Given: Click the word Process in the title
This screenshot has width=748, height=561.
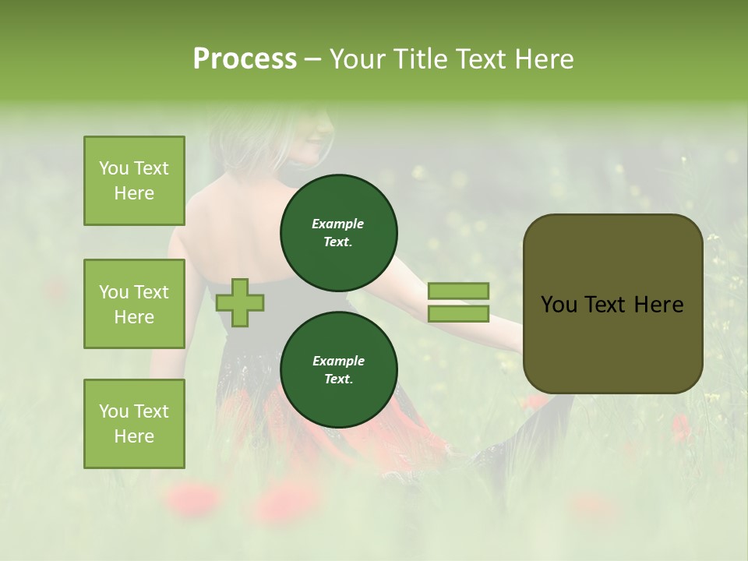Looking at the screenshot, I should click(x=245, y=59).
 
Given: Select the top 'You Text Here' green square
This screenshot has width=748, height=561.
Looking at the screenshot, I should click(x=134, y=181).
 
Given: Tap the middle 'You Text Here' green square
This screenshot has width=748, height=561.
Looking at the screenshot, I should click(x=134, y=304).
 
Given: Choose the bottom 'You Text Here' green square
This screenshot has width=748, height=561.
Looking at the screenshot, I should click(x=134, y=424).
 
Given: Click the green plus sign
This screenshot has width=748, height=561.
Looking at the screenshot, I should click(x=240, y=302).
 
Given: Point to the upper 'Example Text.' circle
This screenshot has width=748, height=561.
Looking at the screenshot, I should click(x=338, y=232).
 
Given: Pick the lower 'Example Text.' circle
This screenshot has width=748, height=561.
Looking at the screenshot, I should click(x=338, y=369).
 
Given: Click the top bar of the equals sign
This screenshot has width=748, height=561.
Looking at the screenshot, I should click(x=458, y=291).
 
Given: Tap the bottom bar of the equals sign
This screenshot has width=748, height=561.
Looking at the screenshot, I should click(x=458, y=314).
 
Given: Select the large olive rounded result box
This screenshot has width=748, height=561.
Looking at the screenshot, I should click(x=612, y=304).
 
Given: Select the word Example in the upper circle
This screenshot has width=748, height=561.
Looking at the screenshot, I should click(x=338, y=224).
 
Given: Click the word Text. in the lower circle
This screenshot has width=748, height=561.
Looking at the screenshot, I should click(x=338, y=379).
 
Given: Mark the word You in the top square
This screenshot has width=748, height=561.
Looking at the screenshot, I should click(x=113, y=168).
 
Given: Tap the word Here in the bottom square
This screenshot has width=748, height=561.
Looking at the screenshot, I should click(x=134, y=436).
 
